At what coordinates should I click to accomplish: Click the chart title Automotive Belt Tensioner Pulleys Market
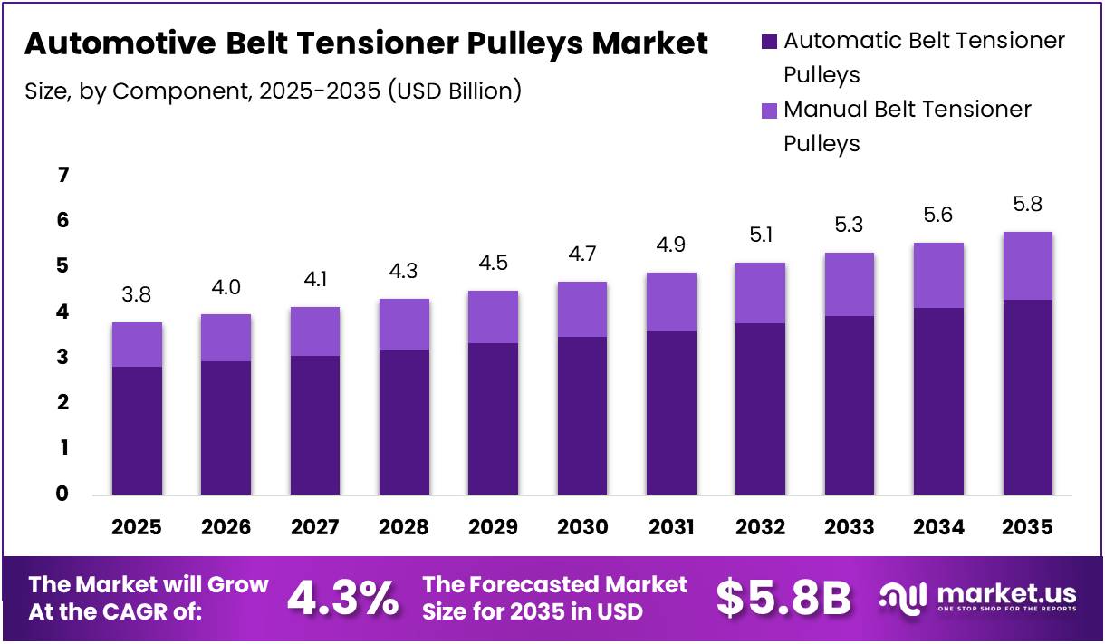click(366, 43)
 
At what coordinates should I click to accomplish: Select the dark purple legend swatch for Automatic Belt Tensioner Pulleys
click(769, 42)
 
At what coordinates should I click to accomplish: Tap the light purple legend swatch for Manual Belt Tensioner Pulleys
click(769, 111)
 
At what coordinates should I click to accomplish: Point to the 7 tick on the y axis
click(62, 175)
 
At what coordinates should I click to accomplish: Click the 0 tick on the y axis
click(62, 494)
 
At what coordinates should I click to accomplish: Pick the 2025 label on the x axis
click(137, 527)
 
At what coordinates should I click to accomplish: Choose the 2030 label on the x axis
click(582, 527)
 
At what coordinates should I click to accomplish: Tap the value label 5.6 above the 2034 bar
click(938, 216)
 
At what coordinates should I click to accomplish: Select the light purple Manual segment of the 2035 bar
click(1027, 265)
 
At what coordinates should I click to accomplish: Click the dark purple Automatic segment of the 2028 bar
click(404, 421)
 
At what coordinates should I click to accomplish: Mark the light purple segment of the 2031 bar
click(671, 301)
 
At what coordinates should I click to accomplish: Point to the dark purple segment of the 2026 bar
click(226, 428)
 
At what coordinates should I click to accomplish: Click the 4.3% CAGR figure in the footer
click(342, 598)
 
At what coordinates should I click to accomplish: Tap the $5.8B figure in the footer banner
click(783, 598)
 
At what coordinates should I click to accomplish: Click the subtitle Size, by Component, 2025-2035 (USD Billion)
click(273, 91)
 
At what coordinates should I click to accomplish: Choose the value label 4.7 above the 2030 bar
click(582, 255)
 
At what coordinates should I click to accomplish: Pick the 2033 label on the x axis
click(850, 527)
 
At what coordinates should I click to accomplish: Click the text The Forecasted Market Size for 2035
click(554, 598)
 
